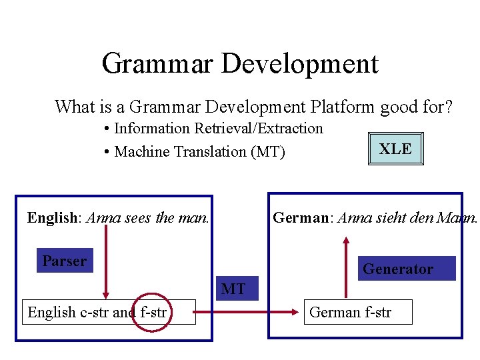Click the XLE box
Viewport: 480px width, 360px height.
tap(395, 149)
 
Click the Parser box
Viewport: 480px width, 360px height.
tap(64, 261)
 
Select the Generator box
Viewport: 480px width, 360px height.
tap(406, 269)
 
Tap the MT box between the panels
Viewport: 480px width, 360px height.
tap(233, 289)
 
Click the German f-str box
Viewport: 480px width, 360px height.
tap(358, 312)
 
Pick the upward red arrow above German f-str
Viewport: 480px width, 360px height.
tap(346, 267)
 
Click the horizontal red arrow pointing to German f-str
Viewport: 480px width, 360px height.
tap(247, 311)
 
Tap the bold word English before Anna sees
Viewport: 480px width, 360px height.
tap(53, 217)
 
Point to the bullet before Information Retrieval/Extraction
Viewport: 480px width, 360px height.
tap(107, 129)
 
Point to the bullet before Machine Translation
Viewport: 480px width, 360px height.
tap(107, 152)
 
